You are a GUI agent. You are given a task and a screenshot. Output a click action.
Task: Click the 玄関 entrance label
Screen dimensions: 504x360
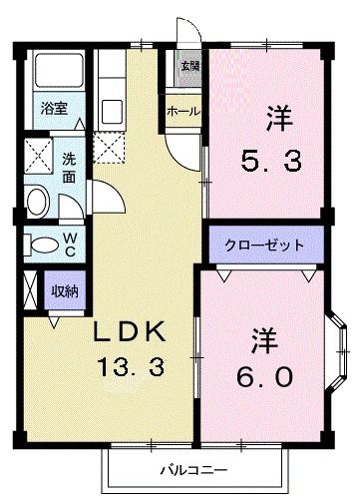[188, 67]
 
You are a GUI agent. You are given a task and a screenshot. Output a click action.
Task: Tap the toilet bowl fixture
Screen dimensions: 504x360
[40, 245]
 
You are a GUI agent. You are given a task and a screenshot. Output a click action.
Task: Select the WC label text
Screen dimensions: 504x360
[72, 245]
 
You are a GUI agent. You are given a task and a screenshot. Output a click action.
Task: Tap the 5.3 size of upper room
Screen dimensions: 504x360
[267, 160]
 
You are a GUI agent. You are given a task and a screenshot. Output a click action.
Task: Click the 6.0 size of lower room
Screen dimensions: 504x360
[263, 377]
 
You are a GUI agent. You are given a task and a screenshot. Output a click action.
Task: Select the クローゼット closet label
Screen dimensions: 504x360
[265, 245]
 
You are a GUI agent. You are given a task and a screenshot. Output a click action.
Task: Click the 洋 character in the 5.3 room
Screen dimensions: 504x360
[277, 116]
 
